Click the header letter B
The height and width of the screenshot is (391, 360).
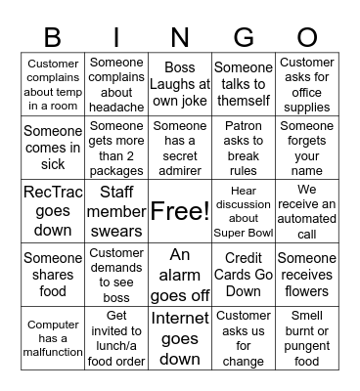[53, 38]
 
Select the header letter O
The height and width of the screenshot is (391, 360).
[306, 38]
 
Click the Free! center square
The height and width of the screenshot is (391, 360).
[180, 211]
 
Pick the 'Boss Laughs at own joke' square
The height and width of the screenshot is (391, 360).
[180, 84]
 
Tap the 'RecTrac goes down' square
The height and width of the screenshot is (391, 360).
[53, 211]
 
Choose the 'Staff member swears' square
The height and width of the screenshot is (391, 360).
[116, 211]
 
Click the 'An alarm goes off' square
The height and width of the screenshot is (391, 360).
[180, 275]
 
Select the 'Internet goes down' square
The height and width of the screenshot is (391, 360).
[180, 338]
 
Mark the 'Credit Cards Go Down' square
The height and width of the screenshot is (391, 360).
[244, 275]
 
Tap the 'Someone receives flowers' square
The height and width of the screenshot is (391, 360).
[307, 275]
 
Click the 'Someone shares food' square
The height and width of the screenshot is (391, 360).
[53, 275]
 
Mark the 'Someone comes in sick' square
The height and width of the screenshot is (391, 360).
[53, 148]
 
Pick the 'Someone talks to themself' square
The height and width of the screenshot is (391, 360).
[244, 84]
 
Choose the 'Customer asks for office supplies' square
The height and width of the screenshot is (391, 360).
[307, 84]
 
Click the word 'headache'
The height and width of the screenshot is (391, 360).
[116, 107]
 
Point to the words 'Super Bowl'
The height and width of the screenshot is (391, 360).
[244, 233]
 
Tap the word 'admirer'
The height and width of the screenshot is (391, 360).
[180, 170]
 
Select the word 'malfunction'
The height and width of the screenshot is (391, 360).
[53, 352]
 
